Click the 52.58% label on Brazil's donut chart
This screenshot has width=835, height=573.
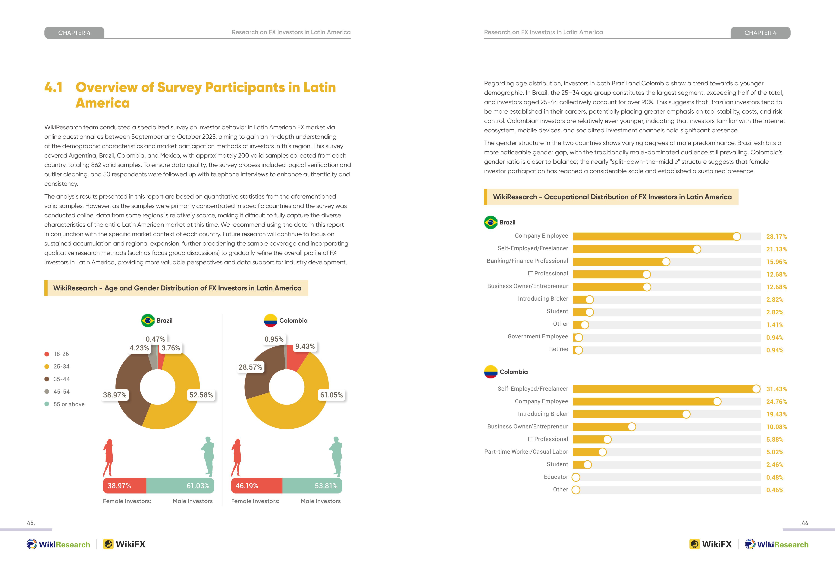201,395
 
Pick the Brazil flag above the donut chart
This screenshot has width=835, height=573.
148,321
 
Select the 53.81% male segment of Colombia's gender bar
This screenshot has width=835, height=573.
312,486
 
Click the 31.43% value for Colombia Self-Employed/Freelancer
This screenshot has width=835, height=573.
777,389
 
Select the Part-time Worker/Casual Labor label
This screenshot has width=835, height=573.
526,452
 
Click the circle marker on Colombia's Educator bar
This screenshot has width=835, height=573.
576,477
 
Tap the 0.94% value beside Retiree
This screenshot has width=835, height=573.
775,350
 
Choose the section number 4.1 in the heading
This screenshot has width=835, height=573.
54,87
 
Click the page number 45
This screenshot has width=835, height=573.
31,523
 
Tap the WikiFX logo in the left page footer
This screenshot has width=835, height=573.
124,544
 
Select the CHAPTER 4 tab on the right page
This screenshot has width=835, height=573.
760,33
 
